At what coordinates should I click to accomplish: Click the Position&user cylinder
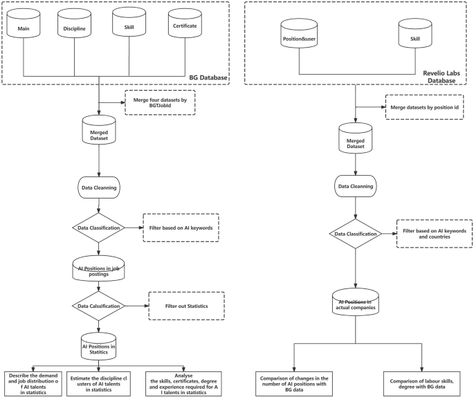299,38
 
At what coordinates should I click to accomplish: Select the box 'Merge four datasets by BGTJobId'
159,104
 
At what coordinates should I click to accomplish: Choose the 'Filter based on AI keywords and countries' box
432,233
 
